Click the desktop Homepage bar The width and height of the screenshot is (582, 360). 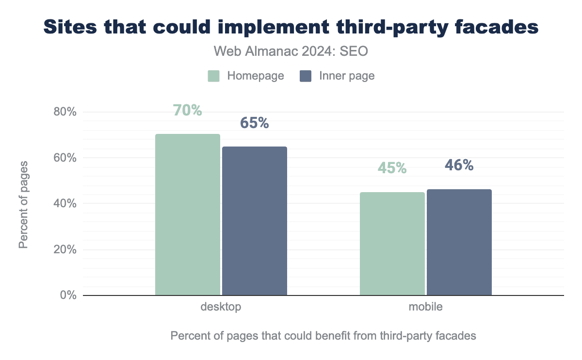(x=188, y=214)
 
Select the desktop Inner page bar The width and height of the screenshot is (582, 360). (x=255, y=221)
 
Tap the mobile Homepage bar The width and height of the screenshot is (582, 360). (x=392, y=244)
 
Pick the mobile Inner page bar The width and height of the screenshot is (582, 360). (x=459, y=242)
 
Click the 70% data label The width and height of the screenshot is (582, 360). (x=188, y=111)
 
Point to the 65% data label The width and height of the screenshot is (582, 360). (x=255, y=123)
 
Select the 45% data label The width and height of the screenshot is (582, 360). (x=392, y=168)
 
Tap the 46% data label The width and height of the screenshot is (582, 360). (x=459, y=165)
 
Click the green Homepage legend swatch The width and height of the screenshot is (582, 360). (x=214, y=76)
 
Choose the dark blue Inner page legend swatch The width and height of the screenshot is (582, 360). (x=306, y=76)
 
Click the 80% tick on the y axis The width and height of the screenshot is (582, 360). (x=65, y=112)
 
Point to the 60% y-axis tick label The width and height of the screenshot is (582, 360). (x=65, y=158)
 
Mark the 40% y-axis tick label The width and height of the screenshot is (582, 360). (x=65, y=204)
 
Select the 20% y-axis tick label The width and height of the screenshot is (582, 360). (x=65, y=249)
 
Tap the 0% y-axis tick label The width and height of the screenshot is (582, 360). (x=68, y=295)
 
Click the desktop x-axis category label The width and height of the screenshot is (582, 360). (x=221, y=307)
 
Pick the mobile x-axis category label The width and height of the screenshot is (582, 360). (x=425, y=307)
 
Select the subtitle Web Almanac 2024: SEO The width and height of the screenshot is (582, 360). (x=291, y=52)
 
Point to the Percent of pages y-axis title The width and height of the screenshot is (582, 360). (x=23, y=204)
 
